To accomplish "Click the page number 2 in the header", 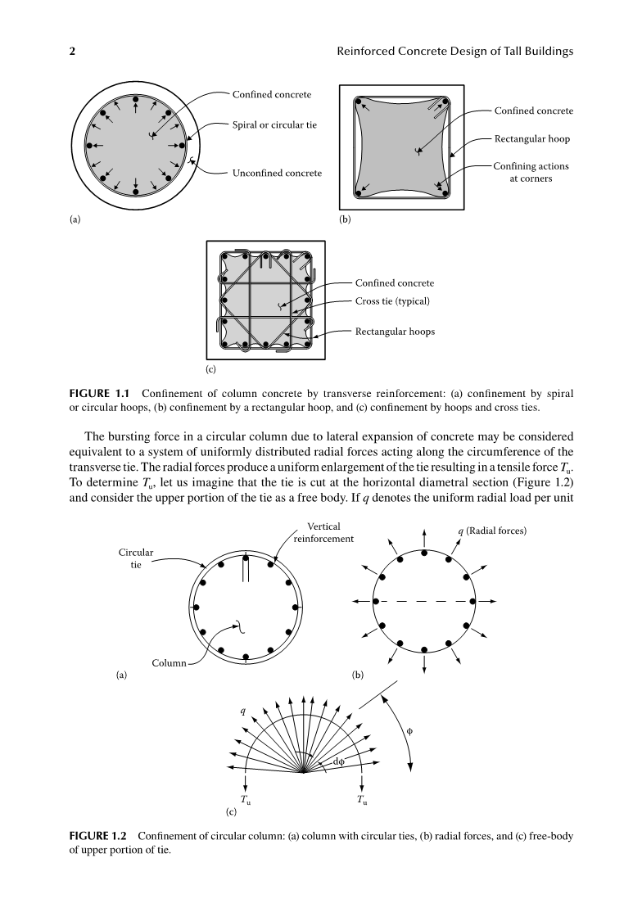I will coord(72,52).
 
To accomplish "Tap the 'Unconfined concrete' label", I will coord(276,174).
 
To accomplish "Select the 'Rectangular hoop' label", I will coord(532,138).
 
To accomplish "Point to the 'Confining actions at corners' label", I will coord(531,172).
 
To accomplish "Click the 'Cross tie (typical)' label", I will coord(392,300).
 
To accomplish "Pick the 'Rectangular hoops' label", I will coord(395,332).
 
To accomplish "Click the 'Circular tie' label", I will coord(136,559).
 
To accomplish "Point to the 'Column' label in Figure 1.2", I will coord(169,662).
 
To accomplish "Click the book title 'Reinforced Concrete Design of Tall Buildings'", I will coord(454,52).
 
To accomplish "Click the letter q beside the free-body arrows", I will coord(242,711).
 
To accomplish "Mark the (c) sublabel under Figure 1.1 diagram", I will coord(211,369).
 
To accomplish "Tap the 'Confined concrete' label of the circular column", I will coord(272,94).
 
